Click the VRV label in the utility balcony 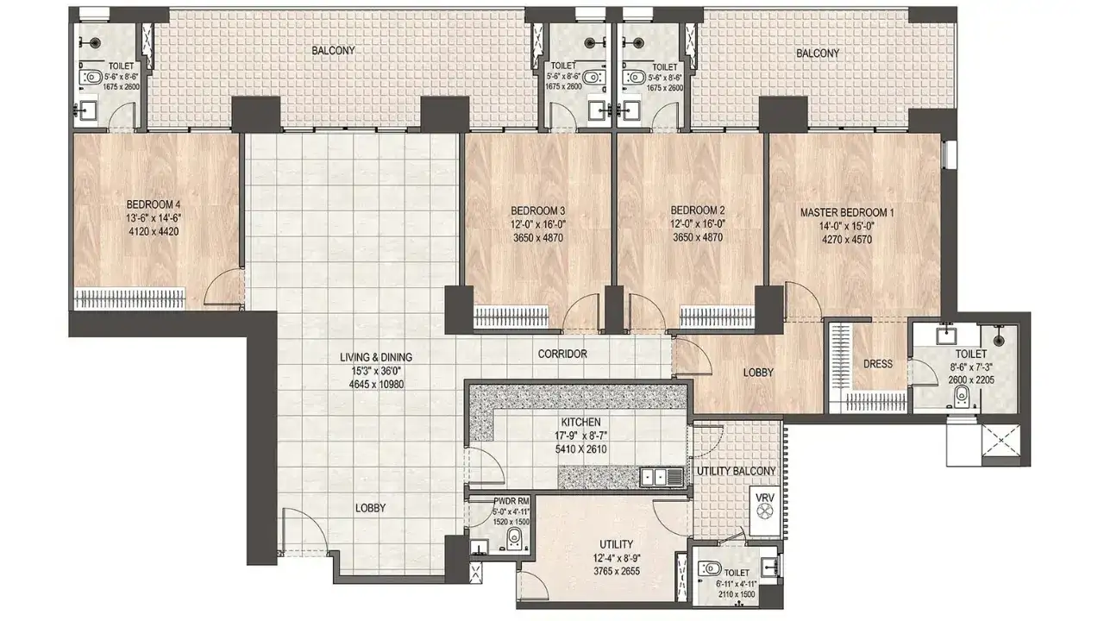tap(763, 498)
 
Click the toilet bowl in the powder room tap(514, 539)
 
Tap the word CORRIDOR tap(562, 354)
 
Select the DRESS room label tap(878, 364)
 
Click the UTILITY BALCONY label tap(737, 470)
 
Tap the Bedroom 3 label tap(537, 210)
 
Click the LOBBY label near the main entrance tap(370, 508)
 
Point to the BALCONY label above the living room tap(333, 51)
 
